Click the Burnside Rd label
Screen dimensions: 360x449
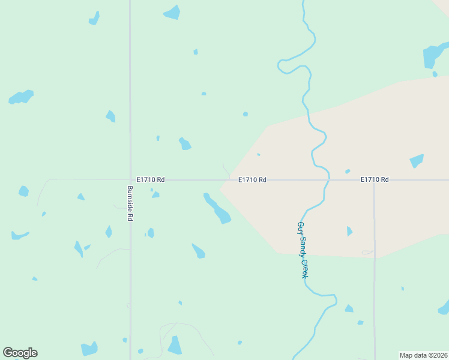130,203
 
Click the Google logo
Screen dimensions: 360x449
20,353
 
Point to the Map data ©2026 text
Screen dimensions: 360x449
424,355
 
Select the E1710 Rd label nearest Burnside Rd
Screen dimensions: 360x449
151,179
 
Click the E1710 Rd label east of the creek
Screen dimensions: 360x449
375,179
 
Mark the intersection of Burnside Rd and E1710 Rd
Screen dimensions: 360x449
130,179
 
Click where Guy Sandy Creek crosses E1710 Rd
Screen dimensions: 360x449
328,179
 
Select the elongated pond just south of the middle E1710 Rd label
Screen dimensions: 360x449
217,208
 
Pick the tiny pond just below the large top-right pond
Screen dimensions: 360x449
435,74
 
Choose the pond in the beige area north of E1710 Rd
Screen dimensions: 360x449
416,161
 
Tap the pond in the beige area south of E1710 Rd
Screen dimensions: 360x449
349,231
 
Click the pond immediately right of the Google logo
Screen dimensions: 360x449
89,349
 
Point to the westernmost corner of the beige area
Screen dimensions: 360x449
220,187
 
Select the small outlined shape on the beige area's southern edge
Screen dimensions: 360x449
367,253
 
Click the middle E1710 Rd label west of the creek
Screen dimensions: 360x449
252,179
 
